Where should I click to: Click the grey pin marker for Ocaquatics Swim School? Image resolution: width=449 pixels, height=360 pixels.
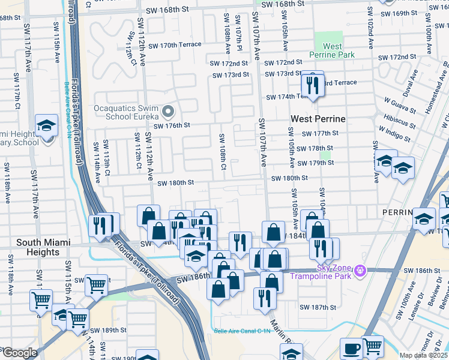tap(169, 112)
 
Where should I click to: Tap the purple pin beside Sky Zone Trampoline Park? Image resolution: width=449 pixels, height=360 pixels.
tap(360, 271)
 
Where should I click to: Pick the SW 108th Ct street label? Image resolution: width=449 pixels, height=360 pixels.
tap(222, 151)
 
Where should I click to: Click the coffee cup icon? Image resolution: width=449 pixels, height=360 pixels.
tap(351, 348)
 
